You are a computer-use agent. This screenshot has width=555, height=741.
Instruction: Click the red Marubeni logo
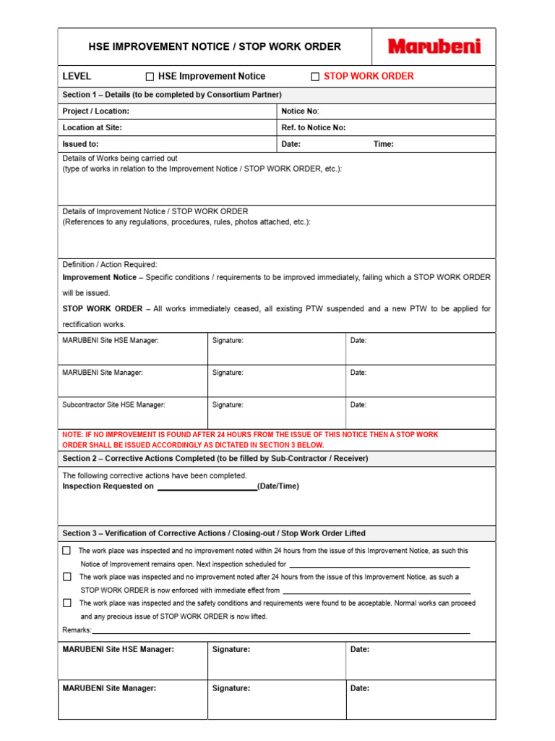click(x=434, y=47)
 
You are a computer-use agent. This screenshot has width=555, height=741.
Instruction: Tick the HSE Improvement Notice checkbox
click(x=150, y=77)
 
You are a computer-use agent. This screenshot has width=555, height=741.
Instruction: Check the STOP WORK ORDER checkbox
click(x=315, y=77)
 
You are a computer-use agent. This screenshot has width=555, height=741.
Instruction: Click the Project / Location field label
click(x=96, y=111)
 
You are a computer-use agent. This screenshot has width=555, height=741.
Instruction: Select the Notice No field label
click(x=300, y=111)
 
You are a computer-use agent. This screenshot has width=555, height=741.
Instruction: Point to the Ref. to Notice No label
click(x=314, y=127)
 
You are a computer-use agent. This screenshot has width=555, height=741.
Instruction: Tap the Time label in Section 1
click(x=383, y=144)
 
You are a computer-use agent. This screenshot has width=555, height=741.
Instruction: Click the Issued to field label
click(x=80, y=144)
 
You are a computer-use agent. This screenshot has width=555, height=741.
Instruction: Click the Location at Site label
click(x=92, y=127)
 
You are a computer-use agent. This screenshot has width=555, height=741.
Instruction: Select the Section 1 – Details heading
click(x=172, y=95)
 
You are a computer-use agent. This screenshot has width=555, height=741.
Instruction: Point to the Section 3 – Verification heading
click(x=214, y=533)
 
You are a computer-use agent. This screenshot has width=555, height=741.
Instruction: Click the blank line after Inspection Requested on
click(x=207, y=487)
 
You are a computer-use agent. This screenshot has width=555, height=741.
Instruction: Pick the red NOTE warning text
click(x=251, y=440)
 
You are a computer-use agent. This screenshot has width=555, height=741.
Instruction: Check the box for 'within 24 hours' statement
click(x=67, y=551)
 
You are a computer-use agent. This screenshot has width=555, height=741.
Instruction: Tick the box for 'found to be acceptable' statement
click(x=67, y=603)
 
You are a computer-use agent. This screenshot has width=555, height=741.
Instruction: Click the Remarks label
click(x=77, y=630)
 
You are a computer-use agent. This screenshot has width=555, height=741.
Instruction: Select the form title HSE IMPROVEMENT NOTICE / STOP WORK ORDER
click(x=215, y=47)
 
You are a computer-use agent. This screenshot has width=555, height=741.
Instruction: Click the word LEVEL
click(x=77, y=77)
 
